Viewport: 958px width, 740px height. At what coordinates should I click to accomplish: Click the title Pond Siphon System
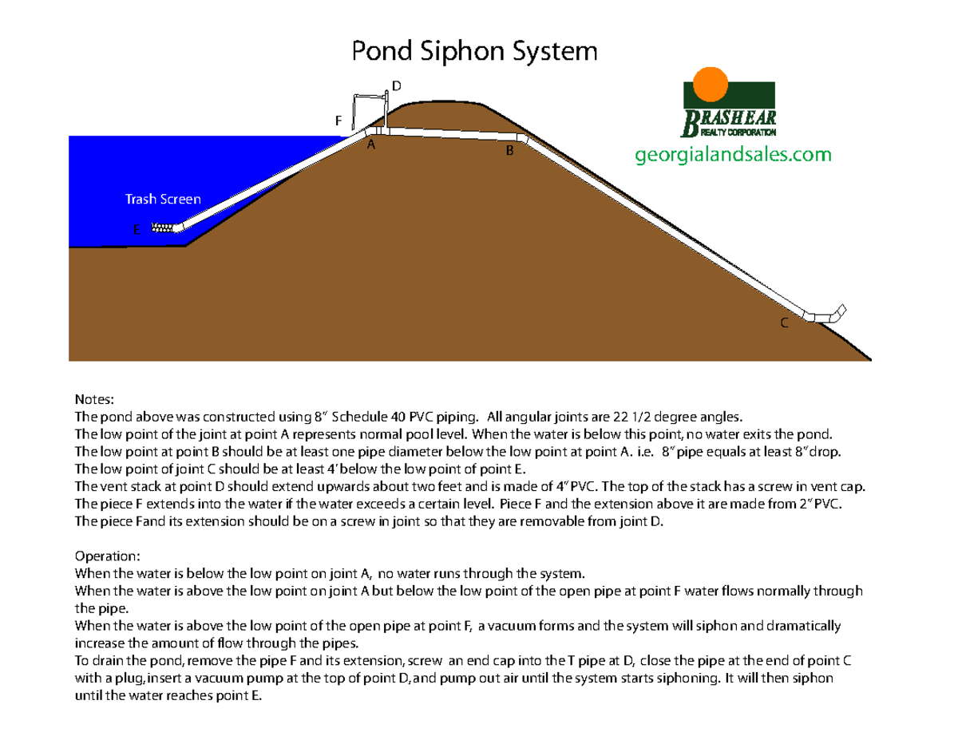pos(475,52)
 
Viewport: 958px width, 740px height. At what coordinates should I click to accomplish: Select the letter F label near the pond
pos(338,121)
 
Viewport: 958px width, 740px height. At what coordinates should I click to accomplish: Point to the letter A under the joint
pos(370,146)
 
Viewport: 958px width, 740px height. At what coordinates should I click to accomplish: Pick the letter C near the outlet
pos(784,323)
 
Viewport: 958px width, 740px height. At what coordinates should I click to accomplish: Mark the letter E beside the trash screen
pos(137,229)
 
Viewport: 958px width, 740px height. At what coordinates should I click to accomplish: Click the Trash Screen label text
pos(163,199)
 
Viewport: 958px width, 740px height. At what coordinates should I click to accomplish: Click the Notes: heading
pos(95,398)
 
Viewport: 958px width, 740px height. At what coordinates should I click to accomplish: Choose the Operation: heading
pos(108,555)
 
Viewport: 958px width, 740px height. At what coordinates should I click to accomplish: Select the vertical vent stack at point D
pos(386,110)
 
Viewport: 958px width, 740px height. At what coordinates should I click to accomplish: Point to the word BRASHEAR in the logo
pos(728,118)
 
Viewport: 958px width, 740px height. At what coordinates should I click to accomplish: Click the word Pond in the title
pos(380,52)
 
